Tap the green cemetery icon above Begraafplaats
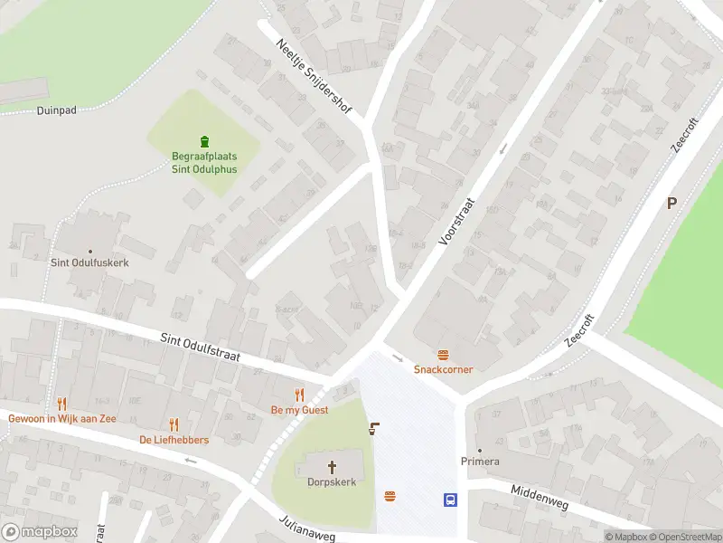(204, 141)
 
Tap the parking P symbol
(671, 203)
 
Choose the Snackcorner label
(443, 369)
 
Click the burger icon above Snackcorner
(443, 355)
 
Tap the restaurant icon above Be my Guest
(300, 395)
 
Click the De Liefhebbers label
(174, 440)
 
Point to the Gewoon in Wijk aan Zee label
(61, 418)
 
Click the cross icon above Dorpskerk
(331, 467)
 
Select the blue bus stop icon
(449, 500)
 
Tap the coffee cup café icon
(373, 429)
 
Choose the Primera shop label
(479, 462)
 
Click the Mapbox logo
(40, 532)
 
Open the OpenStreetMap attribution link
(684, 537)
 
